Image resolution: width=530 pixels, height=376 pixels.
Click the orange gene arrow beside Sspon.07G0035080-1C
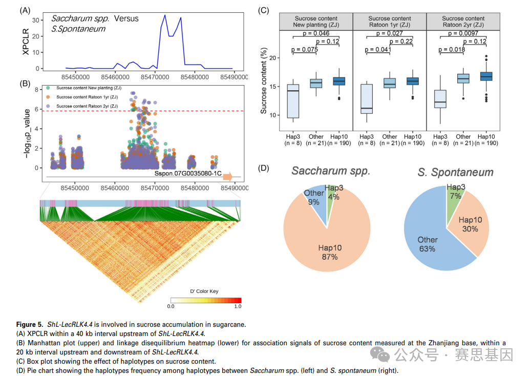[x=227, y=177]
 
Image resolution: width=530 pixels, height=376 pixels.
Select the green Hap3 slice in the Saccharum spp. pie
[x=331, y=204]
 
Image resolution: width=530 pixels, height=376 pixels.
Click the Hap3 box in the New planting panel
[x=293, y=101]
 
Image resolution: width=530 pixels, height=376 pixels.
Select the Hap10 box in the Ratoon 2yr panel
[x=486, y=76]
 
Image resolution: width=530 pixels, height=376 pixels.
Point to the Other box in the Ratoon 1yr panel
[x=390, y=83]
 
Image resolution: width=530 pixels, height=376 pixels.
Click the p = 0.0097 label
[x=463, y=33]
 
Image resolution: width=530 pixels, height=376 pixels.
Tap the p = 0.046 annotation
[x=316, y=33]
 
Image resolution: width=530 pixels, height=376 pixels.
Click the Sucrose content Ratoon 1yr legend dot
[x=48, y=97]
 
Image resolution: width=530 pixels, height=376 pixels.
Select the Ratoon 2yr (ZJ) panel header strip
[x=463, y=22]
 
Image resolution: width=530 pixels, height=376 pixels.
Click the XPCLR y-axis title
[x=26, y=41]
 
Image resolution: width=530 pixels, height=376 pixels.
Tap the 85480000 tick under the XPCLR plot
[x=195, y=77]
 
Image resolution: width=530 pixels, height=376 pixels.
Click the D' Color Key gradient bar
[x=206, y=300]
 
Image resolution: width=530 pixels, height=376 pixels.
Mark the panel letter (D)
[x=263, y=168]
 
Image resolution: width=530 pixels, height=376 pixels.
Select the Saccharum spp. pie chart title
[x=331, y=171]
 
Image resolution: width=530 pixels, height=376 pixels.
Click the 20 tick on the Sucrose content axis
[x=272, y=58]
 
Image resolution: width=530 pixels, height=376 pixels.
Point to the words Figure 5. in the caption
[x=30, y=325]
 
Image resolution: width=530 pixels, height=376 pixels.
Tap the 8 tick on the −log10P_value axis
[x=36, y=90]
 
